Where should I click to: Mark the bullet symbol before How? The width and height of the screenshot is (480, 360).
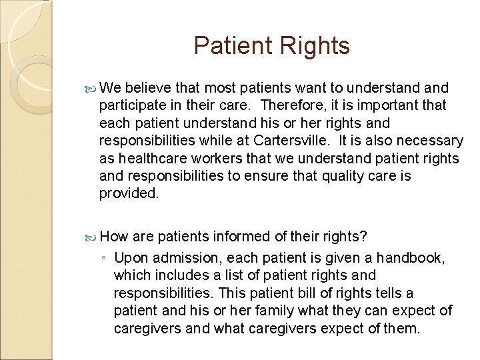coord(92,237)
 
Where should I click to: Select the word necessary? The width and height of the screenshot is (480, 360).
coord(433,141)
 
